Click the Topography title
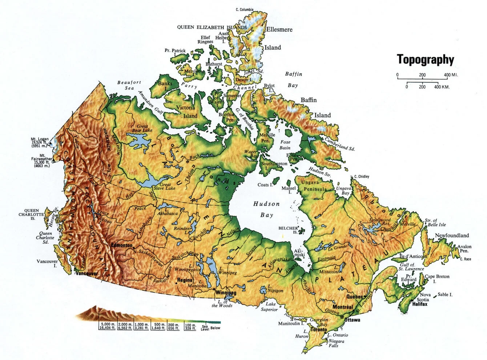(425, 59)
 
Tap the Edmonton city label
(122, 245)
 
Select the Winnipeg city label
(225, 292)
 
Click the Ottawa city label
(351, 320)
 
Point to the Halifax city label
(419, 304)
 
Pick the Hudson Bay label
(266, 209)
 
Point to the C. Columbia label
(245, 9)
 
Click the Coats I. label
(265, 185)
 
